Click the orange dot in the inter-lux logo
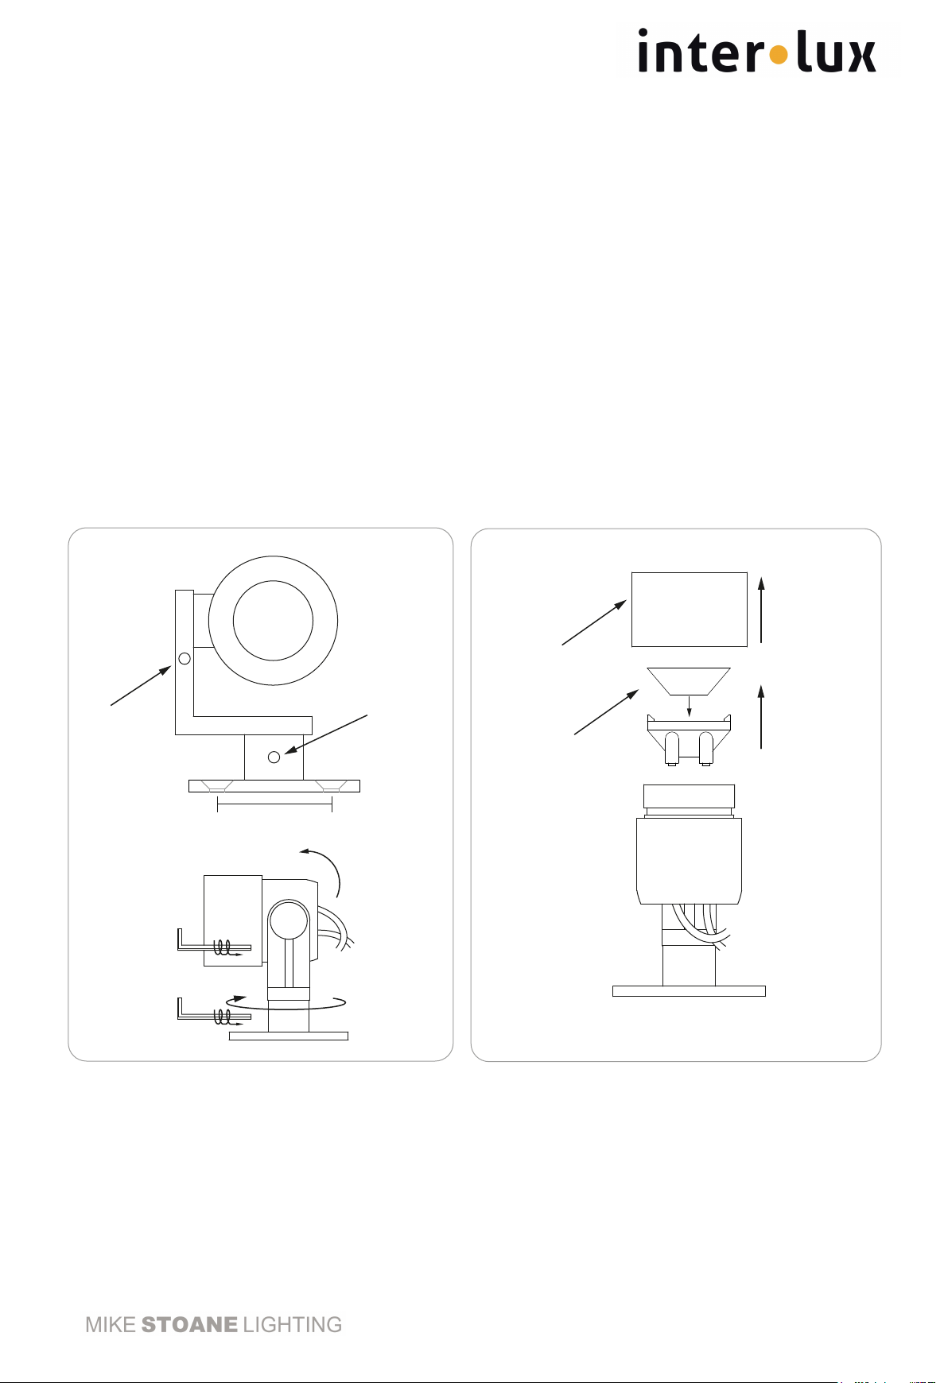click(779, 55)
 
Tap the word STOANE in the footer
click(189, 1325)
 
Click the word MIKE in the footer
click(111, 1325)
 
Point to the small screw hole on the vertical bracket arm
click(185, 658)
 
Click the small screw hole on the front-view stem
click(274, 757)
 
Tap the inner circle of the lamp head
click(273, 621)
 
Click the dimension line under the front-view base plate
click(274, 804)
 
